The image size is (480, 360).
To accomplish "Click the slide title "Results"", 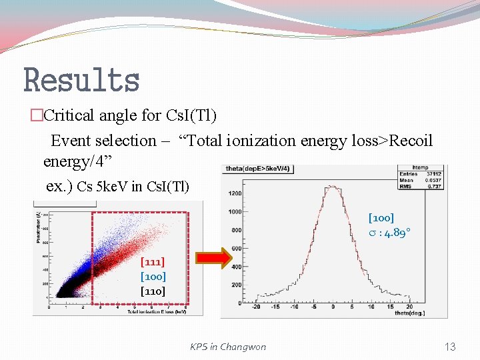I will (x=81, y=81).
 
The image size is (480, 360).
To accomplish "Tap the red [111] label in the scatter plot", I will (x=153, y=262).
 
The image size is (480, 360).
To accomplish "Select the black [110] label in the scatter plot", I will (x=153, y=291).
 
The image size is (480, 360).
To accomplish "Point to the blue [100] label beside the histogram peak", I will (x=381, y=218).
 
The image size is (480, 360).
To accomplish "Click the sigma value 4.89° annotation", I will (x=390, y=233).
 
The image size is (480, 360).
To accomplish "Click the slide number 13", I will (x=450, y=347).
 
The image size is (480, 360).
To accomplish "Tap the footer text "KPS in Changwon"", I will (x=227, y=347).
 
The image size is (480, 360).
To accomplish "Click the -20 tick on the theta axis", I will (x=255, y=308).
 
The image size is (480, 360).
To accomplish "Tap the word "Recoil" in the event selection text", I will (x=411, y=141).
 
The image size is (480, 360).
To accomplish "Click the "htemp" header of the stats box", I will (x=421, y=168).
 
